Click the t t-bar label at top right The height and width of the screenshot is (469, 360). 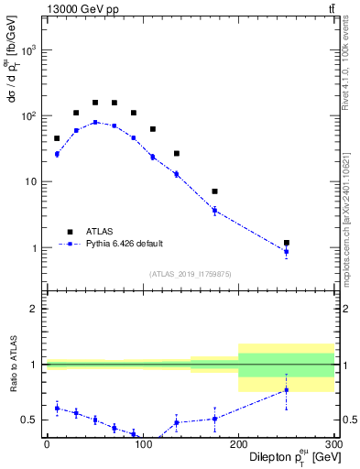click(331, 8)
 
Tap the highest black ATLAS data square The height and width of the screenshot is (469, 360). click(95, 103)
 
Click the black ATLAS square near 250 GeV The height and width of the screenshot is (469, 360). click(287, 243)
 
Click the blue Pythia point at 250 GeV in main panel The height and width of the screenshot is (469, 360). click(287, 252)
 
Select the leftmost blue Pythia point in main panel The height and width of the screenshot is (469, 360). click(57, 154)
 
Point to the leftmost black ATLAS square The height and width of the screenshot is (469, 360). click(57, 138)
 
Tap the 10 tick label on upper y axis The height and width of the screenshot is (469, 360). click(33, 182)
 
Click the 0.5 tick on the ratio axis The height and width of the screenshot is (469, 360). click(30, 420)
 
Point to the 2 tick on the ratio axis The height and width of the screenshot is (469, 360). click(35, 309)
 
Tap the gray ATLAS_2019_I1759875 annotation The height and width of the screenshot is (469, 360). click(190, 273)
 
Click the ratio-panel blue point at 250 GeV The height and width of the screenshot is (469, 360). click(287, 390)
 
